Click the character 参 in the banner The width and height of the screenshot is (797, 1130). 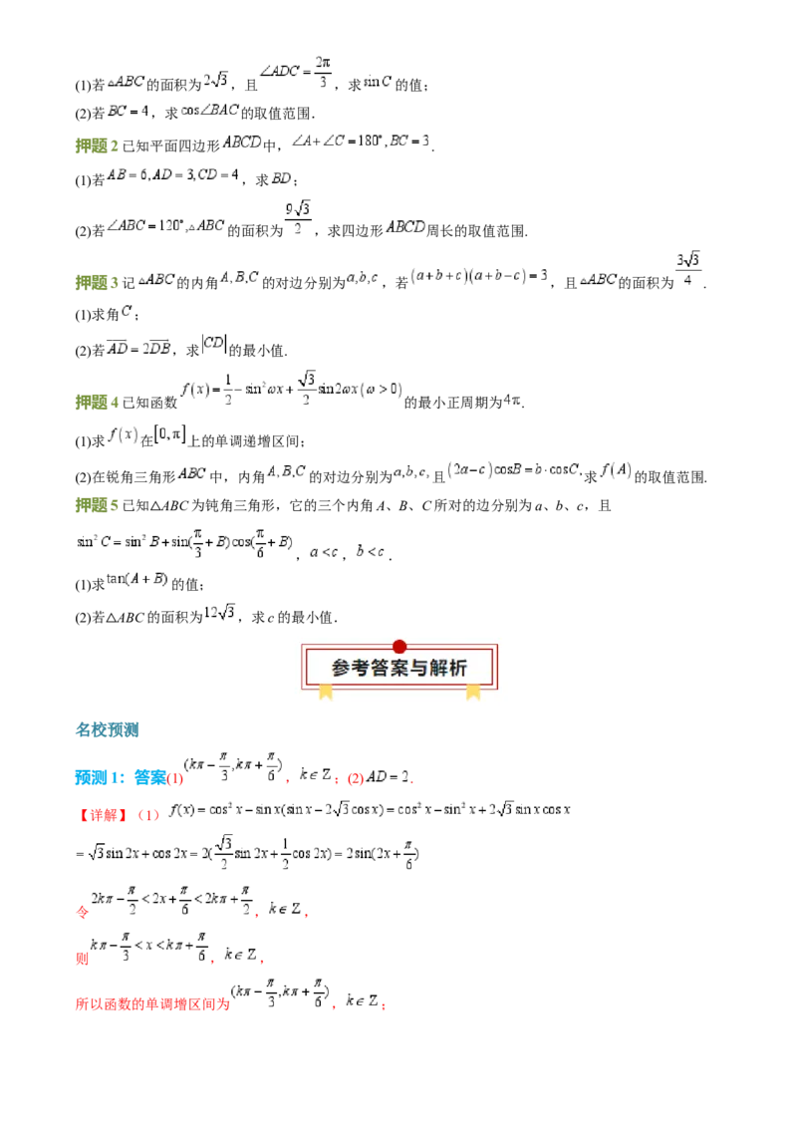342,669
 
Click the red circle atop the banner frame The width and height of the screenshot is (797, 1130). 399,647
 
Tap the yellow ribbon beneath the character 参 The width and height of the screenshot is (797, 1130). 325,692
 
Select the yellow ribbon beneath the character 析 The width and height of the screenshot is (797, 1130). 473,692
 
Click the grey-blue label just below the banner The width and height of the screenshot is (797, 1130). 108,729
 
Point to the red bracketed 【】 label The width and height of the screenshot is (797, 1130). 104,815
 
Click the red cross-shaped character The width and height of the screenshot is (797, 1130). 83,913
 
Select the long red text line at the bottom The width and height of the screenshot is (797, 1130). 151,1004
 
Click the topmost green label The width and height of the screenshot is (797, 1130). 96,147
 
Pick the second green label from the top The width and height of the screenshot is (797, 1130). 96,283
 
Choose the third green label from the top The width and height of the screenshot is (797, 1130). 96,403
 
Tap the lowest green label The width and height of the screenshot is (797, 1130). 96,506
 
